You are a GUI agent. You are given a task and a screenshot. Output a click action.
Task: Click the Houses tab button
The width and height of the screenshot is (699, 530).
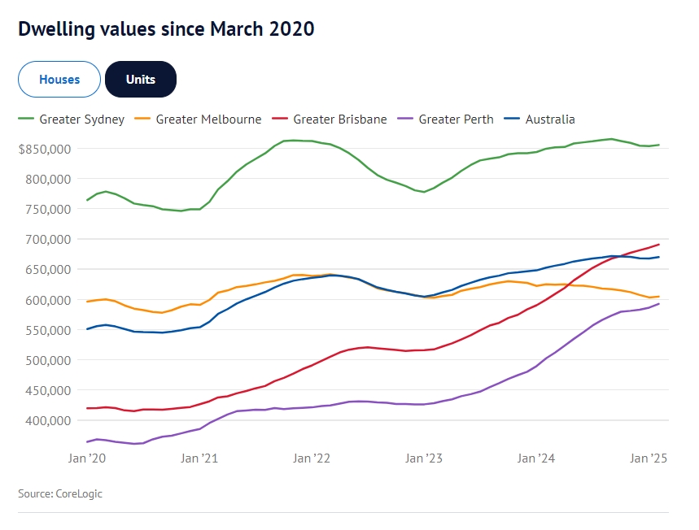[x=59, y=80]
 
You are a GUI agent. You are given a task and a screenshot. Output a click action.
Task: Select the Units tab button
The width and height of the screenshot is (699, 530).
[x=140, y=80]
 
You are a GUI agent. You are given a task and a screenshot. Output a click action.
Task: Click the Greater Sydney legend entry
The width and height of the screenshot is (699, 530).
[x=72, y=119]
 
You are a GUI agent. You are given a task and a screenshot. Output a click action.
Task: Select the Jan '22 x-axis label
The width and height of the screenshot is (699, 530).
[x=312, y=458]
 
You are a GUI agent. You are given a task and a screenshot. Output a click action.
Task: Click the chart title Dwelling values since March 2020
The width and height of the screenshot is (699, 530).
[x=166, y=29]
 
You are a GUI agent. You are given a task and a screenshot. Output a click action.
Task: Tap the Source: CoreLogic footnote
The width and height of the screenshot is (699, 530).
[x=60, y=493]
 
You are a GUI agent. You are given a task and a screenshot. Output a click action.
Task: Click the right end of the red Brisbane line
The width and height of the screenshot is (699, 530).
[x=658, y=245]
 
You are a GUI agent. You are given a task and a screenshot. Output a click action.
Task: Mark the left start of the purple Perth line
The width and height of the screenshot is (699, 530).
[x=87, y=441]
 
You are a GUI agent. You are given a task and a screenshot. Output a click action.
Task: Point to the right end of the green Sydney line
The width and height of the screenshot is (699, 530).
[x=658, y=145]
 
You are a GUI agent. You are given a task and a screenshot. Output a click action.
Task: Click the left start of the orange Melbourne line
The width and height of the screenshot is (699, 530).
[x=87, y=302]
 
